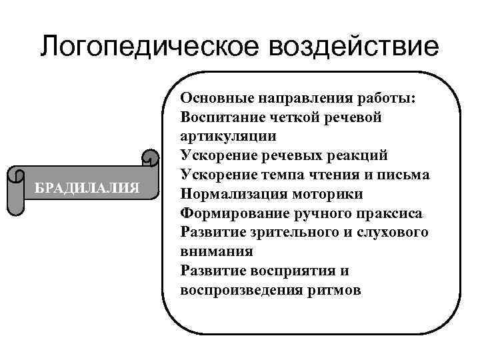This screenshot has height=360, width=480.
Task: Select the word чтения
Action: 335,175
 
